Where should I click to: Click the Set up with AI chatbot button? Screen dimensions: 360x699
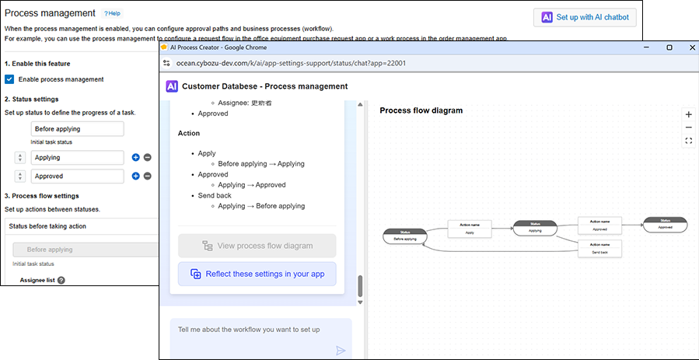pos(588,17)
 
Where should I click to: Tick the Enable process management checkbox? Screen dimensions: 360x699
pos(9,79)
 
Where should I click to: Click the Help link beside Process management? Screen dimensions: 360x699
pos(113,14)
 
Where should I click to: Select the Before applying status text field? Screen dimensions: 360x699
pos(77,129)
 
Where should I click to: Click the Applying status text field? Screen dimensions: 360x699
pos(77,157)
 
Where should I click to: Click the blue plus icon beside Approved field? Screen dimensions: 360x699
pos(135,177)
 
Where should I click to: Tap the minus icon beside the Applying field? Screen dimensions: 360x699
pos(148,157)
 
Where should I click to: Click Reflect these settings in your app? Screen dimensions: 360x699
pos(257,274)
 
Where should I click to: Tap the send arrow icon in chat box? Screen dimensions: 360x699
pos(341,350)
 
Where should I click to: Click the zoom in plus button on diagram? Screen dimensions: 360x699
pos(688,114)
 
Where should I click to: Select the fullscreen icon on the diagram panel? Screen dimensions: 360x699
pos(688,141)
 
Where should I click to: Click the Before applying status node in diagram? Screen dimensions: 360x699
pos(405,236)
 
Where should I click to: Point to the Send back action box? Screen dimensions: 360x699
pos(599,249)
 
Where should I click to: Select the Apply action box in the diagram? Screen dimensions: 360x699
pos(470,229)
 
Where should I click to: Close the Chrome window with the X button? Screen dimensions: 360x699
pos(687,47)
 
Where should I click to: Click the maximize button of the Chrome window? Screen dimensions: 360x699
pos(669,47)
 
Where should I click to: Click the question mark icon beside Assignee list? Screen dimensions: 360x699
pos(61,281)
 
